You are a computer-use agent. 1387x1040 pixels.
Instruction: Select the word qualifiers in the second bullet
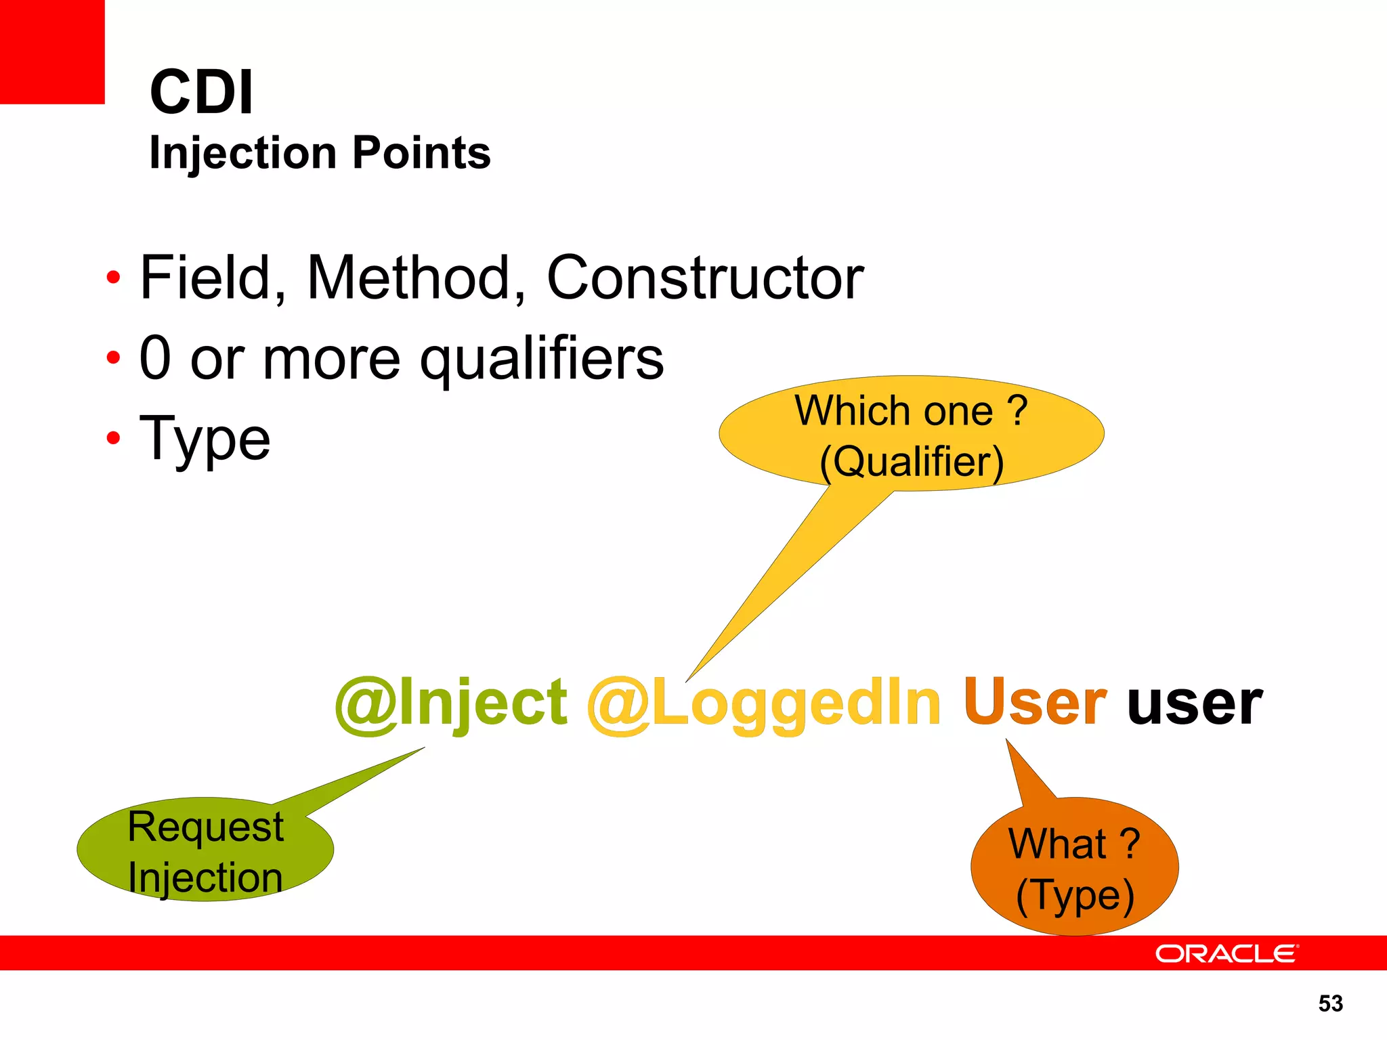point(542,359)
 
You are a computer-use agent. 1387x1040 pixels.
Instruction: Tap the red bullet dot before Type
point(113,438)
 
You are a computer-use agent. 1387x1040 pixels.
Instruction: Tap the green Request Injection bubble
point(205,850)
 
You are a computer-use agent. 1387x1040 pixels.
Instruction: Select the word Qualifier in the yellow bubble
point(912,462)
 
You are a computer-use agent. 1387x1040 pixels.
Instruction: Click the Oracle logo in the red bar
point(1226,953)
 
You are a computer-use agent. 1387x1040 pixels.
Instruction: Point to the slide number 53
point(1330,1003)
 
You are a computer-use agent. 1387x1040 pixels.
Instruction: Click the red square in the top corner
point(52,51)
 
